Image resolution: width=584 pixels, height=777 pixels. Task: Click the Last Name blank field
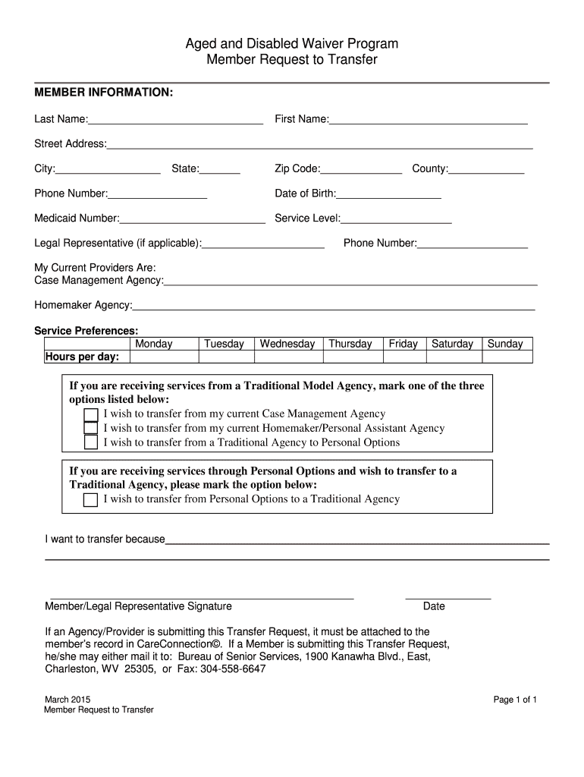pos(176,120)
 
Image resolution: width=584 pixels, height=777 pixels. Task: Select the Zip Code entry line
pos(361,169)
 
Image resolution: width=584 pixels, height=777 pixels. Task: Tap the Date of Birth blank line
pos(389,194)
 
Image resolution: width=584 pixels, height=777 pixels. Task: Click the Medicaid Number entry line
pos(193,219)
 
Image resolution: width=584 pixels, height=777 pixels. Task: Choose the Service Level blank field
pos(397,219)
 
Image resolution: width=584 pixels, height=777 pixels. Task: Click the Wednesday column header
pos(287,344)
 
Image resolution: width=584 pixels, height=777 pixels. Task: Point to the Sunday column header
pos(505,344)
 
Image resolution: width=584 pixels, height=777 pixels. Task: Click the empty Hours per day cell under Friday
pos(403,357)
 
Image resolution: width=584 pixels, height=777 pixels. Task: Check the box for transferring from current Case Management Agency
pos(91,414)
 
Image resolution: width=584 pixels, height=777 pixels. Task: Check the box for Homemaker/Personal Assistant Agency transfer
pos(91,428)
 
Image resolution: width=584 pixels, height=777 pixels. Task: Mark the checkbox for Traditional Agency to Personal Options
pos(91,442)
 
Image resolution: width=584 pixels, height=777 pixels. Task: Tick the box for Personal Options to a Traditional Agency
pos(91,499)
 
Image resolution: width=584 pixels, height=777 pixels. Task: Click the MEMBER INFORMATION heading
pos(104,93)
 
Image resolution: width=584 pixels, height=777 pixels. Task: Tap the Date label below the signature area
pos(434,606)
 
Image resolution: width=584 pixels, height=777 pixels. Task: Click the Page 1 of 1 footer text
pos(515,700)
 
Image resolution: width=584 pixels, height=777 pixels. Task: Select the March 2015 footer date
pos(68,699)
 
